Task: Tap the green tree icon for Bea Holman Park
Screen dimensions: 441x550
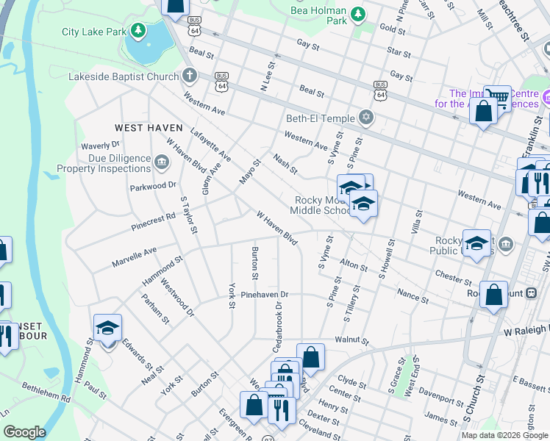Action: click(x=357, y=14)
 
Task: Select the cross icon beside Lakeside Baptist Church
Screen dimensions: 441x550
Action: click(x=190, y=76)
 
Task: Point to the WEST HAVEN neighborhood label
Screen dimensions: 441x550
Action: click(x=149, y=127)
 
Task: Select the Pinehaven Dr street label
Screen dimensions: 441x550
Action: click(x=265, y=295)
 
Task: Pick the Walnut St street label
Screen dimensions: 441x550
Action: click(x=350, y=340)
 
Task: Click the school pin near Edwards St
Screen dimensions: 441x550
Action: click(x=108, y=328)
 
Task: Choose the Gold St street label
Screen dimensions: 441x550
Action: click(x=392, y=28)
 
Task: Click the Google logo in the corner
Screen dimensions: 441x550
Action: click(x=24, y=432)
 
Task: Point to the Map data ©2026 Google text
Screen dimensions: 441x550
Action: click(x=504, y=435)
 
